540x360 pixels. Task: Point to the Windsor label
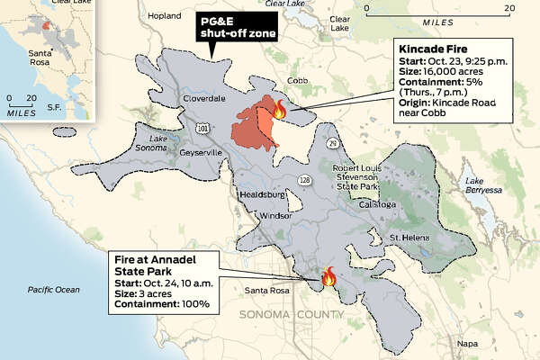274,216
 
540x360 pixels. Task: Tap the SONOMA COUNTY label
292,314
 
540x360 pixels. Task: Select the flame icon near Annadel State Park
329,274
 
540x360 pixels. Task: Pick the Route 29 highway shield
332,143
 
